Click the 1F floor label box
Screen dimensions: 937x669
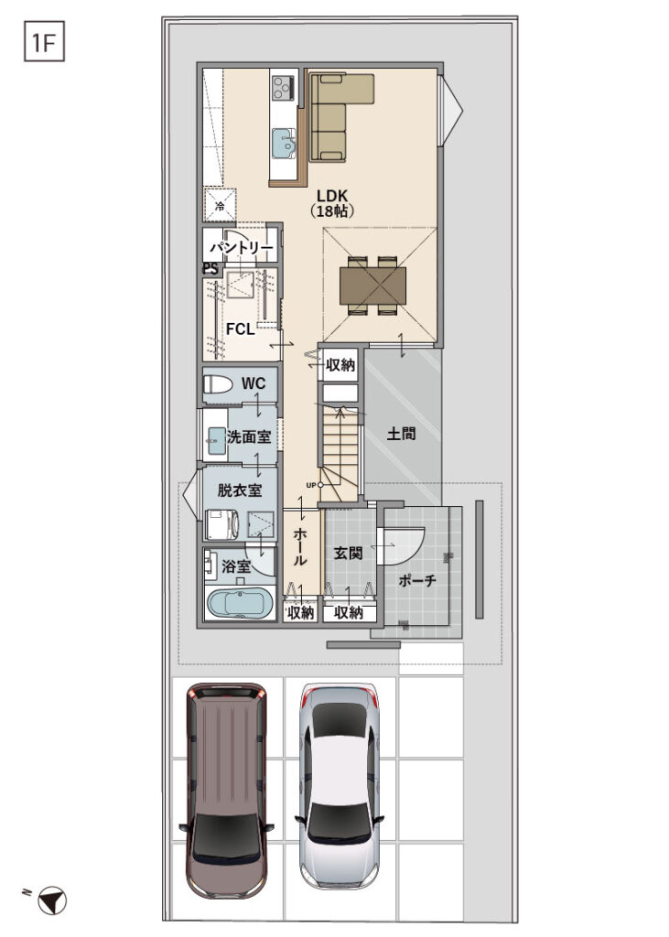pyautogui.click(x=42, y=42)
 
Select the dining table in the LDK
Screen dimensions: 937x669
pyautogui.click(x=375, y=285)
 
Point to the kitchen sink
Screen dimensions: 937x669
pyautogui.click(x=285, y=144)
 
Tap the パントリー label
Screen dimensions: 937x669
pyautogui.click(x=240, y=249)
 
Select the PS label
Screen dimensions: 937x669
pyautogui.click(x=210, y=269)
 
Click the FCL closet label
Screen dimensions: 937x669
pyautogui.click(x=240, y=329)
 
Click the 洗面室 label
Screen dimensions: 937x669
pyautogui.click(x=248, y=437)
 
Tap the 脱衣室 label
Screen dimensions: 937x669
pyautogui.click(x=239, y=490)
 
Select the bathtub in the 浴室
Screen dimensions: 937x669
pyautogui.click(x=239, y=605)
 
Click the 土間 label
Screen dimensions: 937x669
pyautogui.click(x=401, y=435)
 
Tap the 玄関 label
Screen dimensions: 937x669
pyautogui.click(x=348, y=554)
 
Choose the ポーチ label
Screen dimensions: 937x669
pyautogui.click(x=418, y=580)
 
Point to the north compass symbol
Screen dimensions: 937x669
pyautogui.click(x=54, y=902)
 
